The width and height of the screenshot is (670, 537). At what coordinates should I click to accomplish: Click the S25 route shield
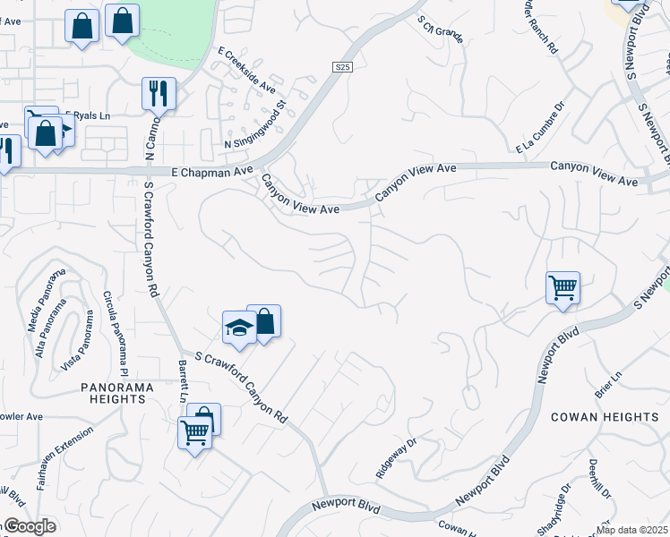point(341,67)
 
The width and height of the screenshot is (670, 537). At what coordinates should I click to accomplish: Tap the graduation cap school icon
point(239,328)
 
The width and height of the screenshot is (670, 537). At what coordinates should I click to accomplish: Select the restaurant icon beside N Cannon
point(159,93)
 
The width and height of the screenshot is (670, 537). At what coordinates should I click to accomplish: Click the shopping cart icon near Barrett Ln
point(194,433)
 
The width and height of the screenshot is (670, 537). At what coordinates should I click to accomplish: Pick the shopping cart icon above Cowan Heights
point(563,288)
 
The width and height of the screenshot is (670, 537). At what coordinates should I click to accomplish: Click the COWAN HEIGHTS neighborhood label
point(605,417)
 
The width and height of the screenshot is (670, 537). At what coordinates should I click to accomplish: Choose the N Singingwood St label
point(254,124)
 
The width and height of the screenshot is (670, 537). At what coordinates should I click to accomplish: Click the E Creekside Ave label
point(247,68)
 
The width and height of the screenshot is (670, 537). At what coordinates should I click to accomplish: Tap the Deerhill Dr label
point(599,480)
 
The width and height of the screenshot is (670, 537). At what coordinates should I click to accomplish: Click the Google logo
point(30,526)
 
